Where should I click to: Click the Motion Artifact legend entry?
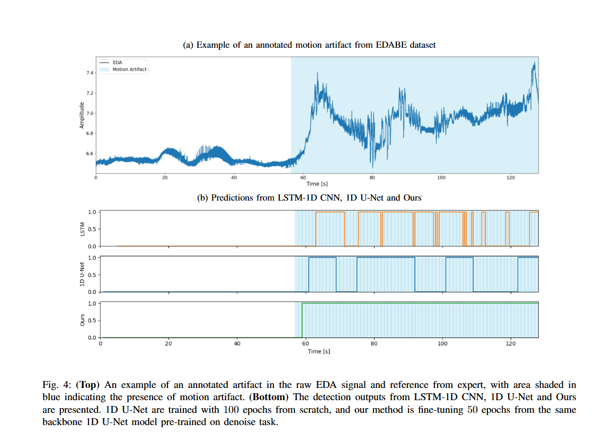tap(129, 70)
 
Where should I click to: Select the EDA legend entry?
tap(117, 63)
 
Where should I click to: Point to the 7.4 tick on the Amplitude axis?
tap(90, 73)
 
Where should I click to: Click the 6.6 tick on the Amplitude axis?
tap(90, 154)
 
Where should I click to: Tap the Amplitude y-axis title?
tap(82, 115)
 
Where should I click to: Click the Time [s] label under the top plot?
tap(317, 184)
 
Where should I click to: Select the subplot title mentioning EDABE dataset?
tap(309, 45)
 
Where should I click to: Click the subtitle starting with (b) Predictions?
tap(309, 198)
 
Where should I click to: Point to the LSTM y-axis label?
tap(82, 229)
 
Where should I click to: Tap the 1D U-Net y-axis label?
tap(82, 274)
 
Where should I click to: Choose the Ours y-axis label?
tap(82, 320)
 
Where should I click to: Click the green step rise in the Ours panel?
tap(302, 320)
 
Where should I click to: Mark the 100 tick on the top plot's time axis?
tap(441, 178)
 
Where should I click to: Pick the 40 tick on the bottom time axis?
tap(237, 343)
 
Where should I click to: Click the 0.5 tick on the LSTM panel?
tap(91, 229)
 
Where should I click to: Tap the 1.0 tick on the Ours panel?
tap(91, 304)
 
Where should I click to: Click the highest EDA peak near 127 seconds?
tap(535, 63)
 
